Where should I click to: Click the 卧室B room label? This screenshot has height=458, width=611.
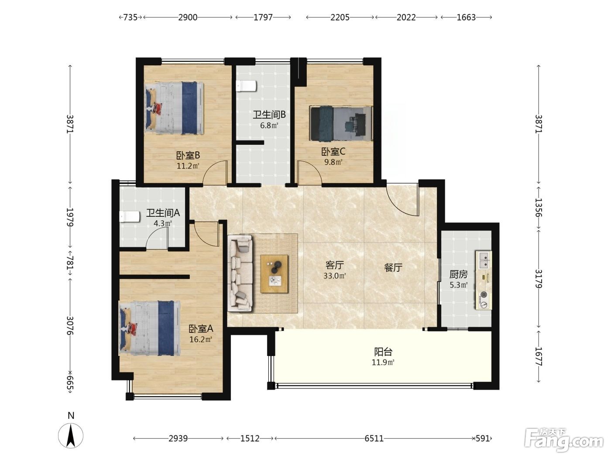tap(188, 154)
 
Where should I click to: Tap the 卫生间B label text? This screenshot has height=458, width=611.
tap(269, 115)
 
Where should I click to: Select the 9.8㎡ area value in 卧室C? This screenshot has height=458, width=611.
tap(333, 162)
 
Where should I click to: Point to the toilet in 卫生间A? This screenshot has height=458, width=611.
tap(130, 217)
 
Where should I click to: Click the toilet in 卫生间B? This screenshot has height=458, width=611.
tap(246, 86)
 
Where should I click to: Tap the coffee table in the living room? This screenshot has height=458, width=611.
tap(274, 273)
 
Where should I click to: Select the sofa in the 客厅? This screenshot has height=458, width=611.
tap(240, 273)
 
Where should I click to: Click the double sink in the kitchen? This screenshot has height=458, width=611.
tap(484, 260)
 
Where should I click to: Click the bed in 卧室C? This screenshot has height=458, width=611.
tap(341, 123)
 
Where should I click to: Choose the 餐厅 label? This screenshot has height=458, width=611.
tap(393, 267)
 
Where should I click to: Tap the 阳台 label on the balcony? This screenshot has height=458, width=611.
tap(383, 352)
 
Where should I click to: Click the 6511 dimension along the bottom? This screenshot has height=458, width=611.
tap(374, 438)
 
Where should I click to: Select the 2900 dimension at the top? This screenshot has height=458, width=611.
tap(188, 17)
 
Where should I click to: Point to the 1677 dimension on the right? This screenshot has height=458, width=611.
tap(539, 356)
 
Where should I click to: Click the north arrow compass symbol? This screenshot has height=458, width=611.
tap(71, 436)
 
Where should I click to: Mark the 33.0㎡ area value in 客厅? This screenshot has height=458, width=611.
tap(335, 276)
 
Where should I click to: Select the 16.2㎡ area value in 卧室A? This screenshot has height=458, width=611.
tap(201, 339)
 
